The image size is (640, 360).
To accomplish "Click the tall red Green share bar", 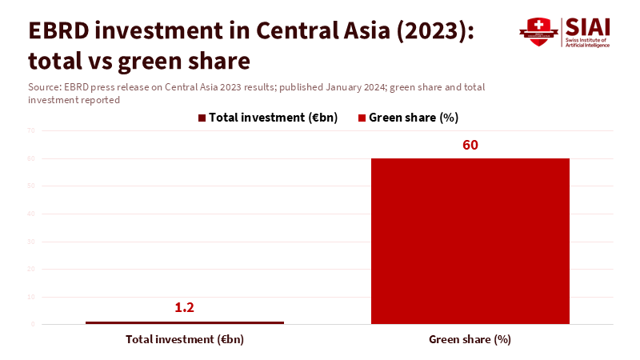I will point(470,241).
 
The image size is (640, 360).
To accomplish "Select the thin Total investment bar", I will point(185,322).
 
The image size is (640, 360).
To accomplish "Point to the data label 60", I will point(470,145).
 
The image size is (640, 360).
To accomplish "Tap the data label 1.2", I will point(185,307).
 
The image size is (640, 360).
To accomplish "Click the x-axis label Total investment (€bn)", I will point(185,339).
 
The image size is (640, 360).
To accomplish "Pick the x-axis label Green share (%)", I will point(470,339).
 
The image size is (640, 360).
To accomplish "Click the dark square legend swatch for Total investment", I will point(202,118).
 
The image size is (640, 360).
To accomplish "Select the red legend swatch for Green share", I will point(362,118).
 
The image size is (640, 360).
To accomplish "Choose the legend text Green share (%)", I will point(413,118).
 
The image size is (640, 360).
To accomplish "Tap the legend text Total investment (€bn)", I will point(273,118).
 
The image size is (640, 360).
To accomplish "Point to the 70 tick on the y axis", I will point(30,130).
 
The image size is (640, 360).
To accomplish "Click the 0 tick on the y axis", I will point(32,324).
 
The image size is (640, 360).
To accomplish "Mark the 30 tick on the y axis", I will point(30,241).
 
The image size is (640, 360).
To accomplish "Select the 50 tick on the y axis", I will point(30,186).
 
